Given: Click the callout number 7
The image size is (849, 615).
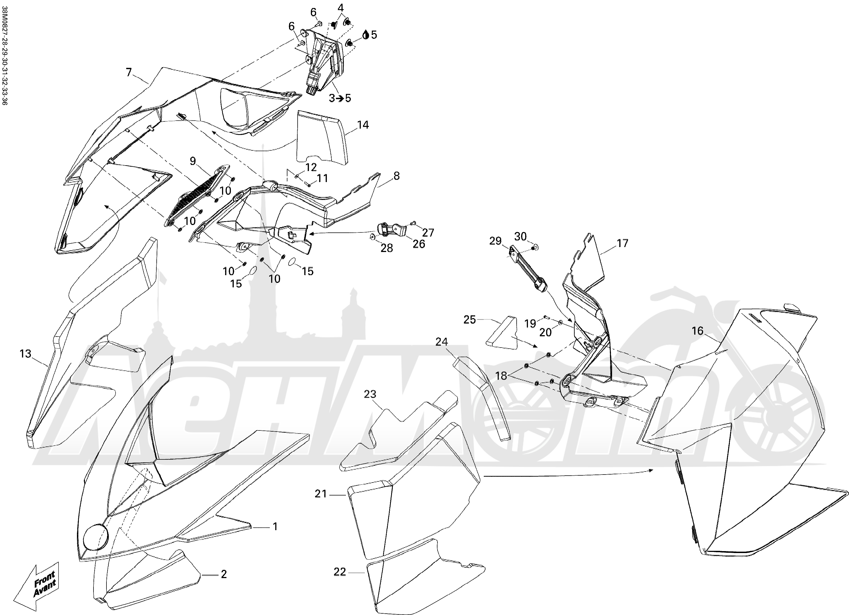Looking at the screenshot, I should [129, 72].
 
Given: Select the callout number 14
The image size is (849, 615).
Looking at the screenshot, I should [363, 125].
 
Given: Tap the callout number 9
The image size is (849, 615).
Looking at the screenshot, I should [193, 161].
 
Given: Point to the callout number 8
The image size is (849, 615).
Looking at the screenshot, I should [396, 175].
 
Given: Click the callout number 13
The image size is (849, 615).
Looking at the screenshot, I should [25, 353].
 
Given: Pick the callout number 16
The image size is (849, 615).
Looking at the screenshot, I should [697, 330].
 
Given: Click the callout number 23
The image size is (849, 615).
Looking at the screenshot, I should [370, 394].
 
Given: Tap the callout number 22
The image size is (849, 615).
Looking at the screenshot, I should [340, 572].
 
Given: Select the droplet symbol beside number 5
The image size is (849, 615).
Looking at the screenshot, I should [366, 35].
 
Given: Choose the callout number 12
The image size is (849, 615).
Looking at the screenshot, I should [311, 167].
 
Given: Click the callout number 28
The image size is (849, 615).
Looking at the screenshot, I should [387, 248].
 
